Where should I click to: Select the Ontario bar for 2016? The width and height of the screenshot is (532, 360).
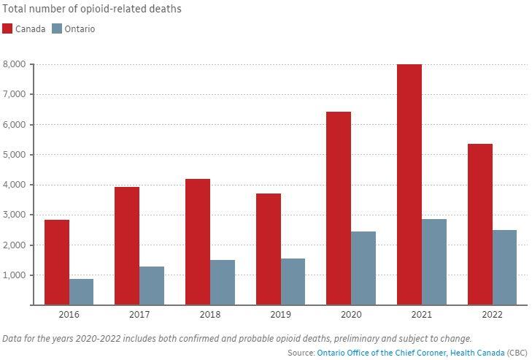coord(81,291)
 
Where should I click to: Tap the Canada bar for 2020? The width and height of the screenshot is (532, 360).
coord(339,208)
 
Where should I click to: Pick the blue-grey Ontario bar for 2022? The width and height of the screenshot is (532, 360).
coord(504,267)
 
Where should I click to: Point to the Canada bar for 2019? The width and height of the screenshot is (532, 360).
coord(269,249)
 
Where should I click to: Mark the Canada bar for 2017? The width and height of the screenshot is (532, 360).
coord(127,245)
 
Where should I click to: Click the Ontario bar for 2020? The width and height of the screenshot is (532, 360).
coord(363,268)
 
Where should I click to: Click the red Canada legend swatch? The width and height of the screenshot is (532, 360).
coord(7,29)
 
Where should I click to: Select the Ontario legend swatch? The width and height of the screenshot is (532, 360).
coord(58,29)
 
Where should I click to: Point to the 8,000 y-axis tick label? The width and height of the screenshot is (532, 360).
coord(15,64)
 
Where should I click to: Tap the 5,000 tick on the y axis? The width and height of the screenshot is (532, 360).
coord(15,155)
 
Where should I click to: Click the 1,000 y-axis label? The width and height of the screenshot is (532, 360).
coord(15,275)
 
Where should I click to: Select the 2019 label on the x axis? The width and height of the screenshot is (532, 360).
coord(281,315)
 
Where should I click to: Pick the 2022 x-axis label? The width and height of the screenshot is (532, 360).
coord(493,315)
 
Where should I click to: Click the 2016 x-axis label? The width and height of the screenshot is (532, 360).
coord(69,315)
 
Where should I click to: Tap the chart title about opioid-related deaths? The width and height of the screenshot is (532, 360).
coord(92,9)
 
